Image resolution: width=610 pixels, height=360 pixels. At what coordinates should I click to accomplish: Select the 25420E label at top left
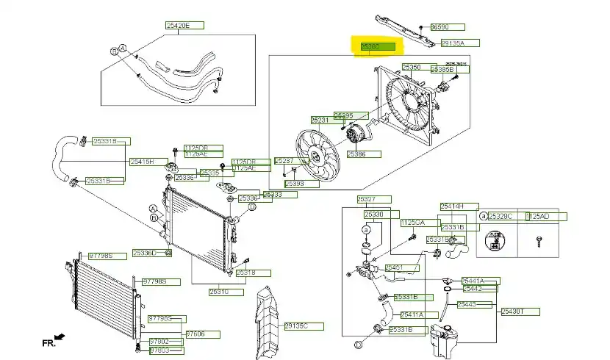coord(177,25)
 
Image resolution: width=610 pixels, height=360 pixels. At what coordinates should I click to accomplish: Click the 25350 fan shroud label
coord(413,67)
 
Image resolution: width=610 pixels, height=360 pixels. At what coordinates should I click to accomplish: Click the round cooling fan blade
coord(317,154)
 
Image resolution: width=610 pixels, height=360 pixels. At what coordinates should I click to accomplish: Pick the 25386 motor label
coord(358,154)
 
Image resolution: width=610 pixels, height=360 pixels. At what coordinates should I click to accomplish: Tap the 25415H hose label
coord(143,161)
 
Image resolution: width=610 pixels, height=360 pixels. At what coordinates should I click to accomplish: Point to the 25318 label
coord(246,273)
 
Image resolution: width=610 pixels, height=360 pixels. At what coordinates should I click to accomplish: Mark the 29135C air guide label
coord(295,325)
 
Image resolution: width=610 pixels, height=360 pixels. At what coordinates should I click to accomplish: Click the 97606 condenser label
coord(195,334)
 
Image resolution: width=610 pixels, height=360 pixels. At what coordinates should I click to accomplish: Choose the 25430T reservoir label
coord(512,311)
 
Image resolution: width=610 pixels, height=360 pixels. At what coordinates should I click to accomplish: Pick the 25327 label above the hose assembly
coord(367,199)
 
